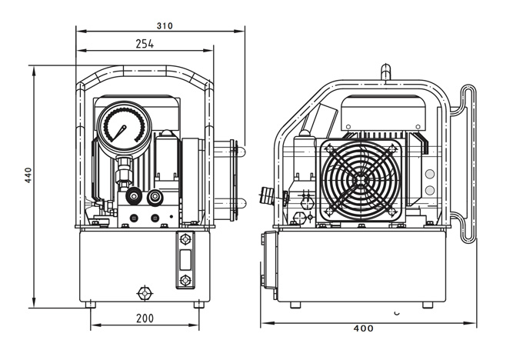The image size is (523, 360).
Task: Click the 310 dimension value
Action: click(x=165, y=25)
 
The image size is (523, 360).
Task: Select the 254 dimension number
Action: click(x=145, y=44)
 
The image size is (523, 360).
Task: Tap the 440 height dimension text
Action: click(x=28, y=175)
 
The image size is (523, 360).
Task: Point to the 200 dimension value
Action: click(x=145, y=318)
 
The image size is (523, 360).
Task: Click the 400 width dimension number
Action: click(x=363, y=328)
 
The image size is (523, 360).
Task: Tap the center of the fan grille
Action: click(x=361, y=180)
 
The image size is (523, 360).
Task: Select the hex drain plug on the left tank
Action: click(x=145, y=293)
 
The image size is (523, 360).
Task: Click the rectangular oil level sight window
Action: click(x=185, y=260)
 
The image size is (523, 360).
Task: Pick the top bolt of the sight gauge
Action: click(x=185, y=239)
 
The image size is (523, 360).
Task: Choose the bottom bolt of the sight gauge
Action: click(x=185, y=280)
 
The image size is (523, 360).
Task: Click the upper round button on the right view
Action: click(x=430, y=174)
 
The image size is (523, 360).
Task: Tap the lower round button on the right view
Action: click(x=430, y=191)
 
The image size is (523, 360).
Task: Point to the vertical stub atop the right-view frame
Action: click(x=385, y=72)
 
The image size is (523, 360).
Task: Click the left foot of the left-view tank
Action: click(x=91, y=305)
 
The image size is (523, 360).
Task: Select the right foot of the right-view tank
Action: click(x=428, y=305)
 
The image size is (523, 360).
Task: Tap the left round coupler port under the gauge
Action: click(x=134, y=196)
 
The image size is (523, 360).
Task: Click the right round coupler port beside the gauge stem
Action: click(x=155, y=197)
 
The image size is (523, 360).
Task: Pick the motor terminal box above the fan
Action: click(x=383, y=113)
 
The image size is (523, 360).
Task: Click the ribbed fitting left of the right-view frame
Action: click(x=267, y=195)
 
